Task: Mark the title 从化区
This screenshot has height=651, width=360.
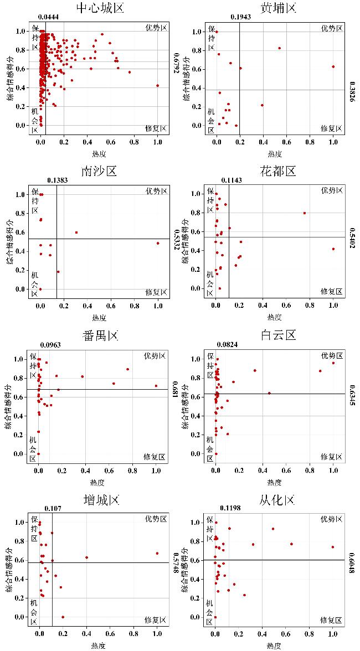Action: [x=275, y=500]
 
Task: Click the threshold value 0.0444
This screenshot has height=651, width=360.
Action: [x=49, y=17]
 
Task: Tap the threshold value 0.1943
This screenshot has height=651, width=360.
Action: [x=239, y=17]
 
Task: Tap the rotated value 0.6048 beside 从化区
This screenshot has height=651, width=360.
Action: [x=352, y=560]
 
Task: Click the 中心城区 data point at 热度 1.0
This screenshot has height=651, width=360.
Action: [x=158, y=85]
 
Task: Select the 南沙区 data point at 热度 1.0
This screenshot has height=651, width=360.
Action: [x=158, y=243]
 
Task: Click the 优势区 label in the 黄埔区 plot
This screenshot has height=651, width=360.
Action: [x=331, y=28]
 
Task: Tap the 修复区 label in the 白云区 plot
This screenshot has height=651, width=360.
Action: [x=331, y=457]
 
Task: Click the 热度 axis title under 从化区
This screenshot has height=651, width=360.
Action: [x=274, y=645]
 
